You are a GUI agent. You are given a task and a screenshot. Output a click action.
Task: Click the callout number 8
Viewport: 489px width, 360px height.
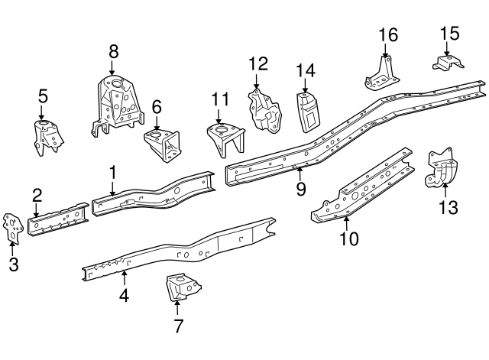[x=113, y=52]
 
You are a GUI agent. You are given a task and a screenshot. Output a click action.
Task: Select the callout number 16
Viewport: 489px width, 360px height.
[x=388, y=35]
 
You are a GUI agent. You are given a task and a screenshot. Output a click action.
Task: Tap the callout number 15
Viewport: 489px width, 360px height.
[x=449, y=33]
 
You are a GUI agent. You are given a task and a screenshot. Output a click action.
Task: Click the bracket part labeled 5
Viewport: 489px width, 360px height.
[x=47, y=138]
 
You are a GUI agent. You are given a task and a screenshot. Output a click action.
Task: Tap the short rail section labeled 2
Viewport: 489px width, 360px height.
[x=57, y=218]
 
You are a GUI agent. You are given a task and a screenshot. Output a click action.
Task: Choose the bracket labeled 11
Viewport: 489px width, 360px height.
[x=224, y=140]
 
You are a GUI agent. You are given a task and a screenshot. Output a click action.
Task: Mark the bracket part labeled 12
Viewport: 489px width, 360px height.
[x=264, y=112]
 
